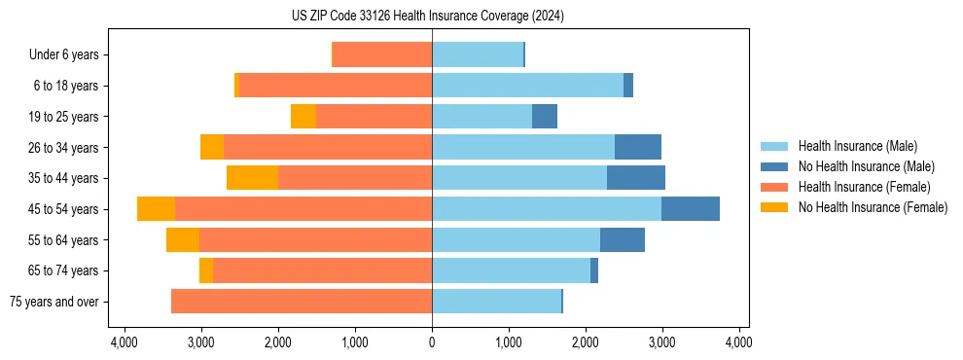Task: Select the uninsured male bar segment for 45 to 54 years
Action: tap(691, 209)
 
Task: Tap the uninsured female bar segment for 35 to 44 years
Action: tap(252, 178)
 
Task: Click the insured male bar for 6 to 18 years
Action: tap(527, 86)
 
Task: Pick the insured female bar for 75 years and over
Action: tap(302, 302)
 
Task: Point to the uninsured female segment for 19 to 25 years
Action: tap(303, 117)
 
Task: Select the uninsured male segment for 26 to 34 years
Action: tap(638, 148)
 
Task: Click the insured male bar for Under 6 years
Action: tap(478, 54)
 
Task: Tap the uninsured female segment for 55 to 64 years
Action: tap(183, 240)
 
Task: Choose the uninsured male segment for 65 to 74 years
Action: tap(594, 270)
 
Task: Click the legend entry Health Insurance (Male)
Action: tap(857, 146)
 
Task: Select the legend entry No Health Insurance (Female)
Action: tap(873, 207)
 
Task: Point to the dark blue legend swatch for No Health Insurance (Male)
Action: tap(775, 166)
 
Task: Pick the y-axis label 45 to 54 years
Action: tap(63, 209)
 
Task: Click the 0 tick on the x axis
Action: tap(432, 343)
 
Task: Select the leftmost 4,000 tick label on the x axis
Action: tap(125, 343)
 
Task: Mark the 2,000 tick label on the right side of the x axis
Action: tap(586, 343)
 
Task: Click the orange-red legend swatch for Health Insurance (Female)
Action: tap(775, 187)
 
